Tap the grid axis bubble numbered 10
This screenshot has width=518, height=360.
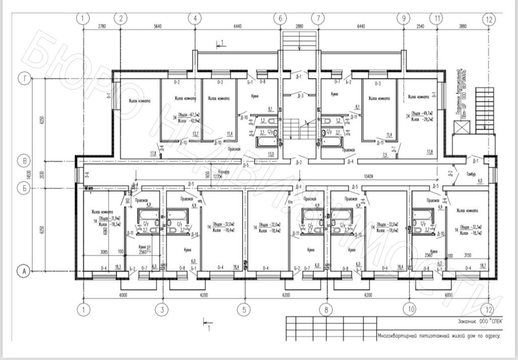point(410,308)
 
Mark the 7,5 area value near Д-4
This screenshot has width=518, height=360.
point(384,154)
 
